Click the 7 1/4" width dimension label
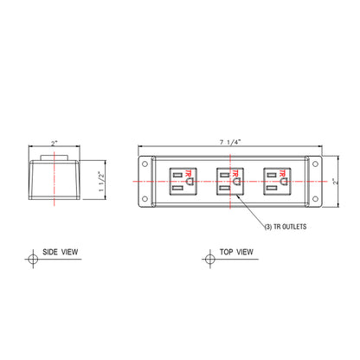coord(230,142)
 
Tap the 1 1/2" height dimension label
coord(101,182)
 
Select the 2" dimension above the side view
coord(55,143)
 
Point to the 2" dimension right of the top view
coord(335,182)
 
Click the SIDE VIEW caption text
coord(61,252)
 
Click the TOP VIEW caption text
coord(236,252)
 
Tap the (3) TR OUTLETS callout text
coord(286,227)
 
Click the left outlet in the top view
coord(183,182)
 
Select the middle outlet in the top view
coord(230,182)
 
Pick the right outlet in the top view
coord(277,182)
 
